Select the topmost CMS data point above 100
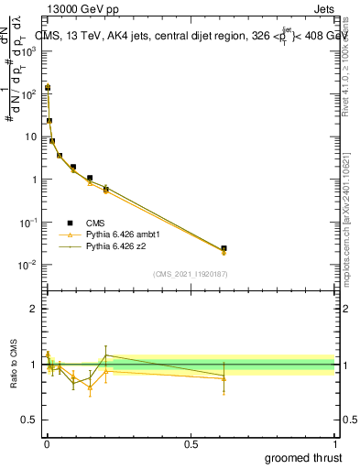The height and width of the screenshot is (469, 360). (x=48, y=88)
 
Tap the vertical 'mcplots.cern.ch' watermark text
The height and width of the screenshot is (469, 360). (x=351, y=229)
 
